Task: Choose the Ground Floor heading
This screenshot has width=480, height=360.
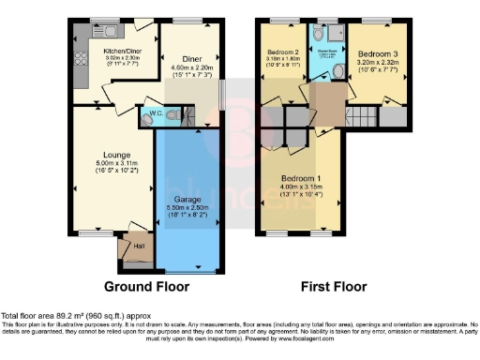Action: pyautogui.click(x=146, y=286)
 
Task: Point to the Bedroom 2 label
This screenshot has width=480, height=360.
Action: pyautogui.click(x=282, y=52)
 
